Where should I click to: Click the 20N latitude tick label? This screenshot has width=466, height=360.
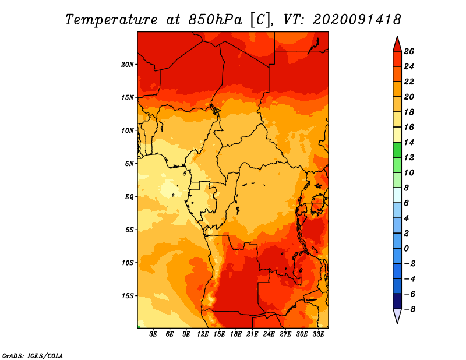click(x=128, y=65)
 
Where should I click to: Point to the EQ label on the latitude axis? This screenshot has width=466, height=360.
click(x=129, y=197)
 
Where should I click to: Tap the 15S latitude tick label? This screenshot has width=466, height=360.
click(x=128, y=296)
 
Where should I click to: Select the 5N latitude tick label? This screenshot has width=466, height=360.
click(x=129, y=164)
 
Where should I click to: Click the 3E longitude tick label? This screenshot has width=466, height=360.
click(x=153, y=334)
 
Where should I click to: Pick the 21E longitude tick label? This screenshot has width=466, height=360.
click(x=252, y=334)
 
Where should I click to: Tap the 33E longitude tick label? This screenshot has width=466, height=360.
click(x=318, y=334)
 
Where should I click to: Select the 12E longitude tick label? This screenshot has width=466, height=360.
click(x=203, y=334)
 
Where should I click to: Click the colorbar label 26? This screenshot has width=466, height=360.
click(x=409, y=51)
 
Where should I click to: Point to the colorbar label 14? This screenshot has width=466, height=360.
click(x=409, y=142)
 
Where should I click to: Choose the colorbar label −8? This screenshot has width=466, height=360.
click(x=409, y=309)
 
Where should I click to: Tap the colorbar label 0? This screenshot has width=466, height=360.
click(x=406, y=249)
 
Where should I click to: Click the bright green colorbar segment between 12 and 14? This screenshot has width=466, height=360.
click(x=397, y=150)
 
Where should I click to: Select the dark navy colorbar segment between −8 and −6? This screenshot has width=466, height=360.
click(x=397, y=301)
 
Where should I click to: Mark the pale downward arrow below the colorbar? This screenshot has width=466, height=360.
click(x=397, y=316)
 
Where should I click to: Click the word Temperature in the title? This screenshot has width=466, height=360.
click(x=111, y=20)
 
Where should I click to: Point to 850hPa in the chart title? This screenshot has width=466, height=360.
click(x=216, y=20)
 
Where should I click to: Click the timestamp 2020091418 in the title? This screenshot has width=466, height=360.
click(x=357, y=20)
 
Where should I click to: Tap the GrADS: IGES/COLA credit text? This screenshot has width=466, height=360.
click(x=33, y=356)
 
